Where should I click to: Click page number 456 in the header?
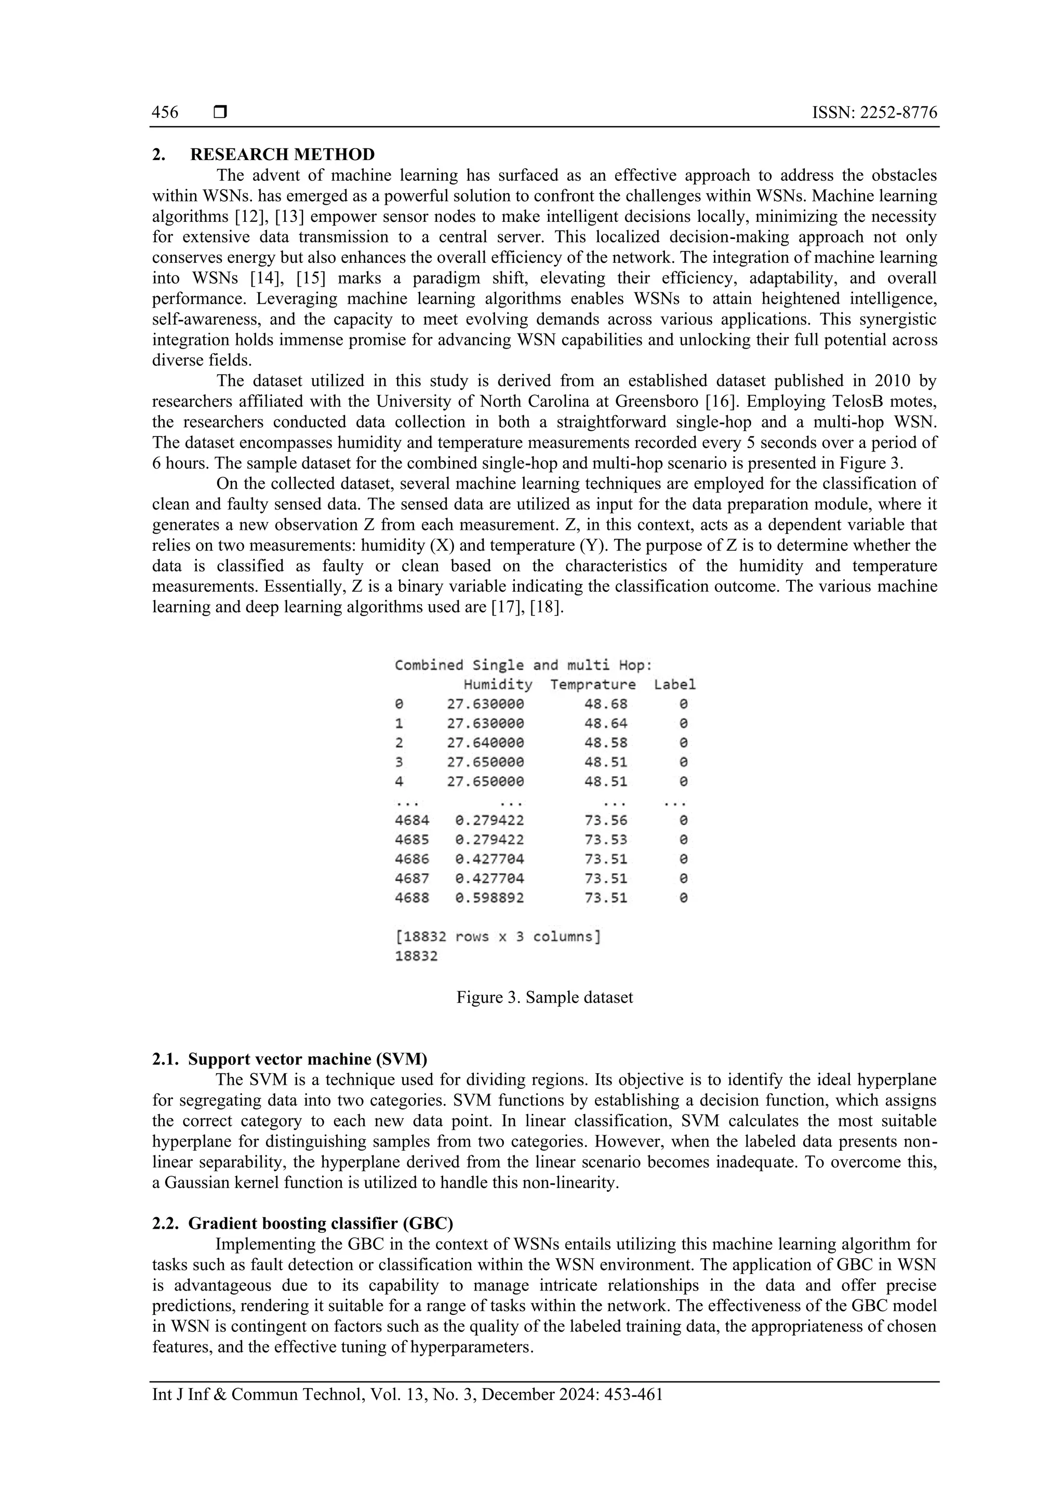pos(165,113)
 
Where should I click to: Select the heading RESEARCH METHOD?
pos(282,155)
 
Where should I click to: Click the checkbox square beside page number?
pos(220,113)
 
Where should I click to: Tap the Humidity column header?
pos(498,685)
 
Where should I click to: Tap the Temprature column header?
pos(593,685)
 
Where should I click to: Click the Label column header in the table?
pos(674,685)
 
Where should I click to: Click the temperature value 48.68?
pos(606,704)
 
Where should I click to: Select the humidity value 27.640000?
pos(485,743)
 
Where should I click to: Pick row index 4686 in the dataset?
pos(411,859)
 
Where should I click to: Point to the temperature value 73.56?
pos(606,820)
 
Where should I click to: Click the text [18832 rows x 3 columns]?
pos(498,937)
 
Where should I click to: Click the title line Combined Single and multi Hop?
pos(523,665)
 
